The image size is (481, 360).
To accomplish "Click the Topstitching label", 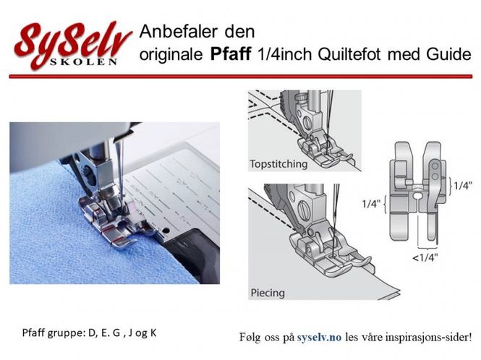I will click(x=278, y=163).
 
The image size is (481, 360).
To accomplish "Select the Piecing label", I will click(x=267, y=293).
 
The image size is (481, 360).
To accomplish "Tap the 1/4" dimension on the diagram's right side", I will click(x=462, y=186).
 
